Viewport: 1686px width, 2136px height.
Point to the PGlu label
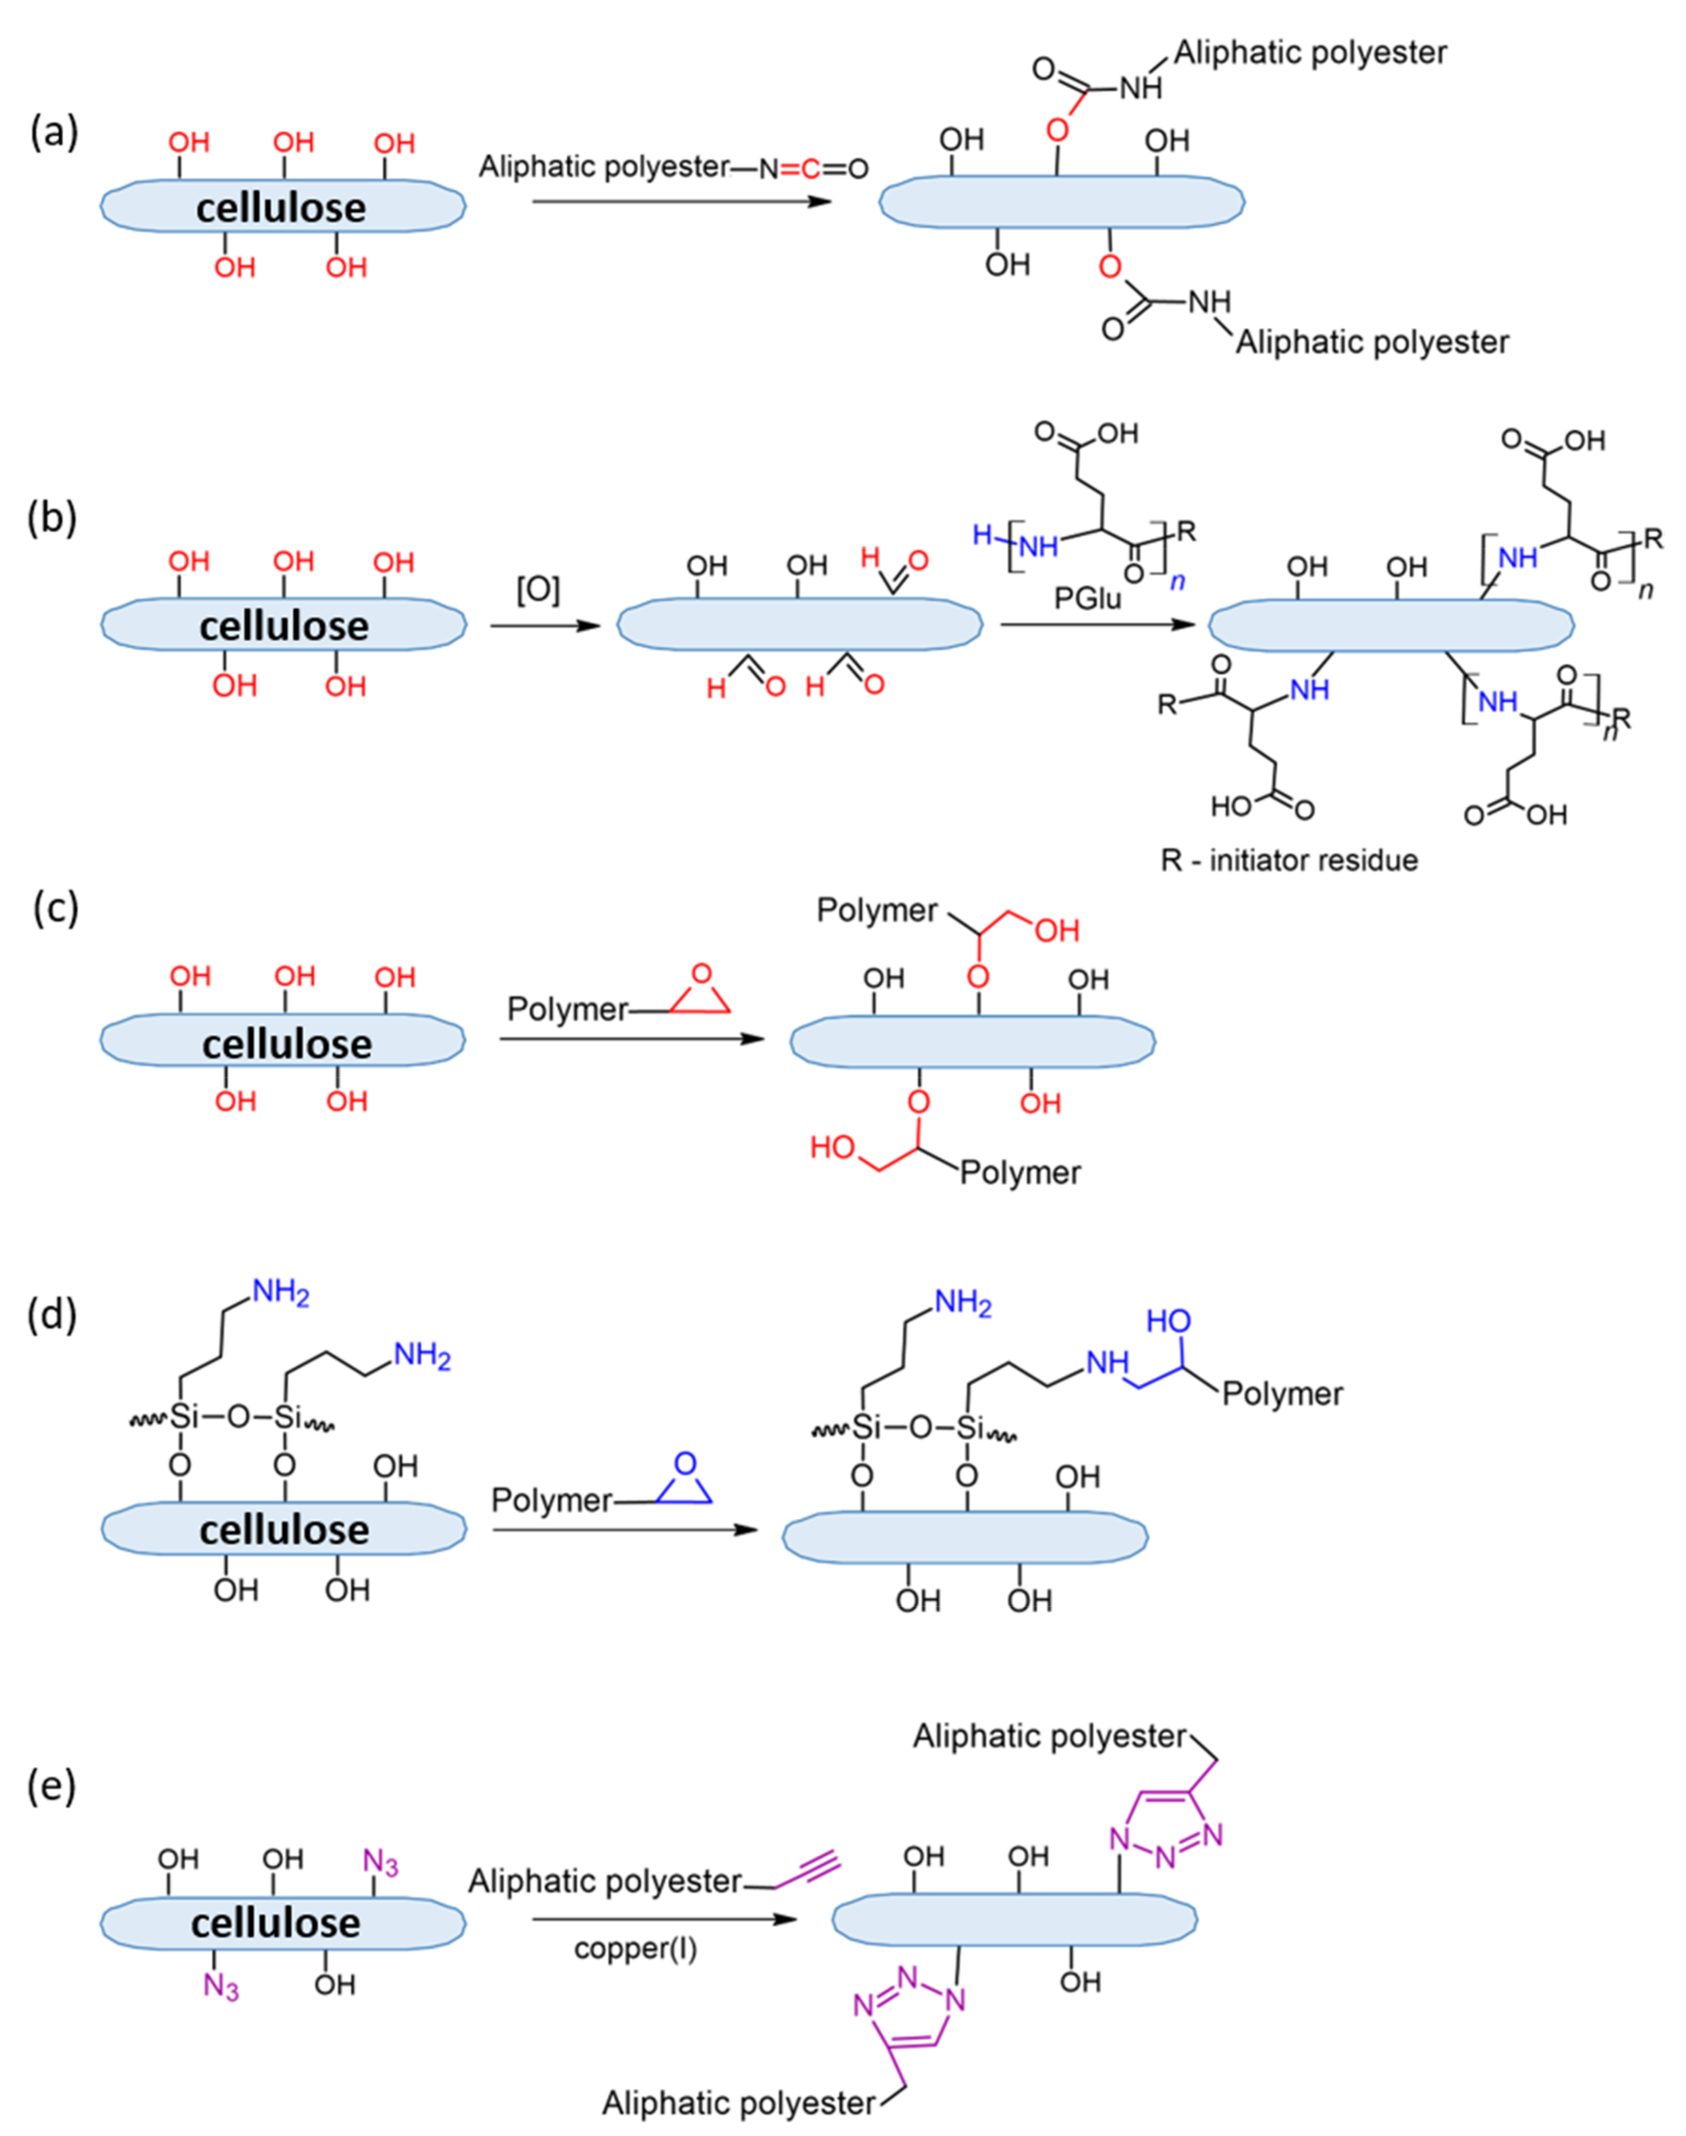1087,598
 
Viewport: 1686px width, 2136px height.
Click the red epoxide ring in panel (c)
701,992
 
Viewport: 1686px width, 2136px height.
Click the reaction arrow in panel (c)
632,1038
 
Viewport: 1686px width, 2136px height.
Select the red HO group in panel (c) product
832,1147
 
